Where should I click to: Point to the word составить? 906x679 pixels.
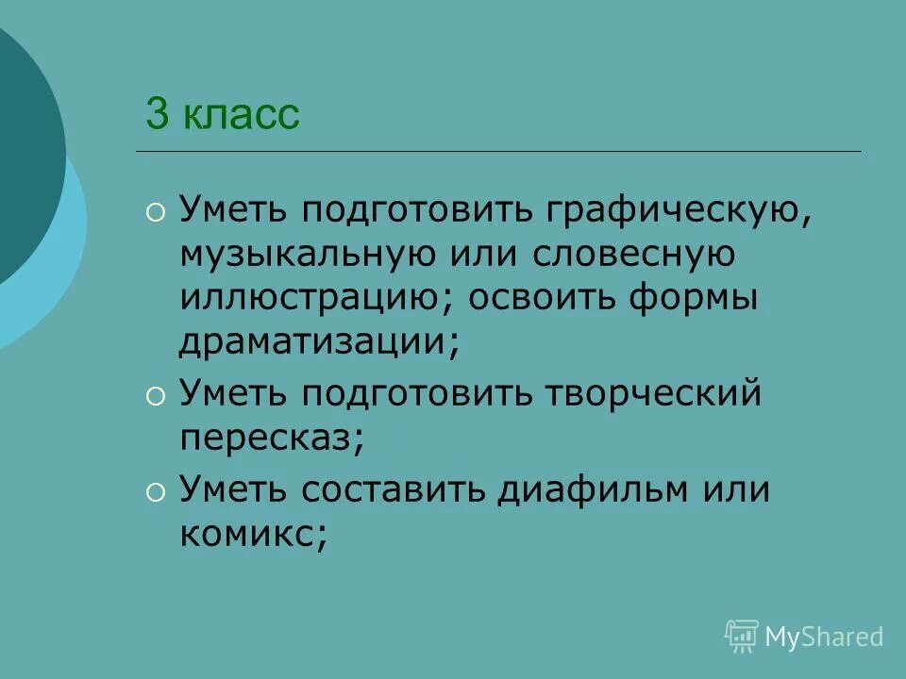coord(395,490)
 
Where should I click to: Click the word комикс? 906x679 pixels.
coord(248,534)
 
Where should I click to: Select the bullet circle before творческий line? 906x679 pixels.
coord(154,395)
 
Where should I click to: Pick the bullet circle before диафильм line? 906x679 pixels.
coord(154,491)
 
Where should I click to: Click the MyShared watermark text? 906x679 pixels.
coord(824,637)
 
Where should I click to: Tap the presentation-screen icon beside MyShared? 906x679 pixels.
coord(742,636)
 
